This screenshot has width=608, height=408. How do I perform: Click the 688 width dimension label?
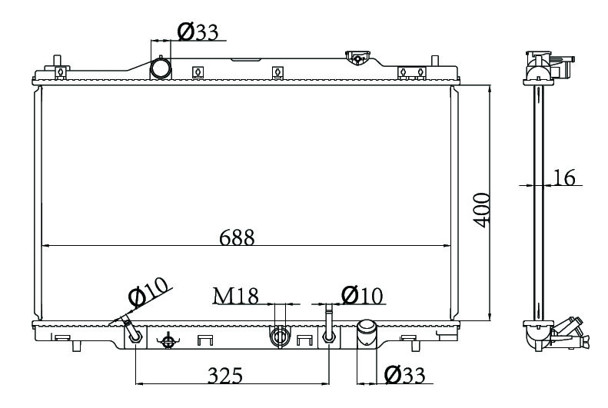click(237, 237)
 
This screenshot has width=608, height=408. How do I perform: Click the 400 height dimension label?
click(482, 210)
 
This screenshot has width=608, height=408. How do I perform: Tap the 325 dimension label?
click(225, 375)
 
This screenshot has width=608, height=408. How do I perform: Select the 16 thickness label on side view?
click(563, 177)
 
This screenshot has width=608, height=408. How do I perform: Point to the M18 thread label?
click(236, 296)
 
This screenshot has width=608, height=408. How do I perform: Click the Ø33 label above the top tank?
click(198, 32)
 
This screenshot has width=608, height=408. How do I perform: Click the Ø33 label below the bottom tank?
click(405, 375)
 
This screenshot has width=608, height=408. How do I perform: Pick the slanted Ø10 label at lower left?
click(149, 291)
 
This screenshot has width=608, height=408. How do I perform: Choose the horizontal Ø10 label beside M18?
click(362, 296)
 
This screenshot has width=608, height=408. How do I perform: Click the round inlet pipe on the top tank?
click(160, 68)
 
